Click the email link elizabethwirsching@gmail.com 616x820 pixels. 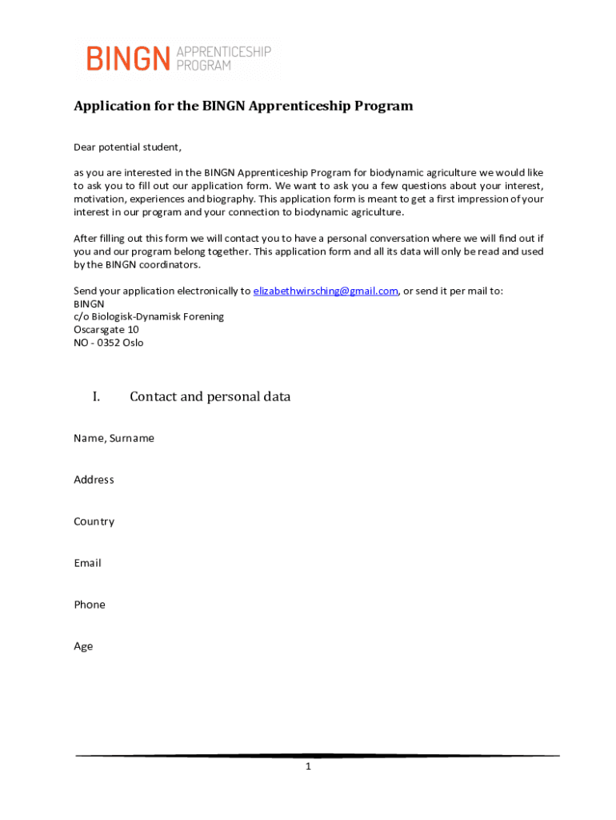pyautogui.click(x=326, y=291)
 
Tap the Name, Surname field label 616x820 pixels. pyautogui.click(x=114, y=438)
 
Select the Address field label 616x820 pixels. pyautogui.click(x=94, y=480)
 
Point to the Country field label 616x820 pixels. pyautogui.click(x=94, y=521)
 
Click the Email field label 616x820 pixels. pyautogui.click(x=87, y=563)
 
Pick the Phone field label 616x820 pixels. pyautogui.click(x=90, y=605)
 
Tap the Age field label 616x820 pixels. pyautogui.click(x=83, y=646)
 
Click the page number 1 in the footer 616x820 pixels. pyautogui.click(x=307, y=767)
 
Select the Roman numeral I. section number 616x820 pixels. pyautogui.click(x=96, y=396)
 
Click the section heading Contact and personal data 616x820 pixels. pyautogui.click(x=210, y=396)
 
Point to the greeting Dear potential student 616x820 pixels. pyautogui.click(x=128, y=147)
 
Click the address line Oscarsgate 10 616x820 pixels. pyautogui.click(x=106, y=329)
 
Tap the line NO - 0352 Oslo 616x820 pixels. pyautogui.click(x=109, y=343)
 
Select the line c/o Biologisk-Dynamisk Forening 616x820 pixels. pyautogui.click(x=149, y=316)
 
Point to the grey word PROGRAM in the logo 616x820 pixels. pyautogui.click(x=203, y=66)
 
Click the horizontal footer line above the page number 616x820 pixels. pyautogui.click(x=318, y=755)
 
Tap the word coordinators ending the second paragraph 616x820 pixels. pyautogui.click(x=170, y=264)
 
